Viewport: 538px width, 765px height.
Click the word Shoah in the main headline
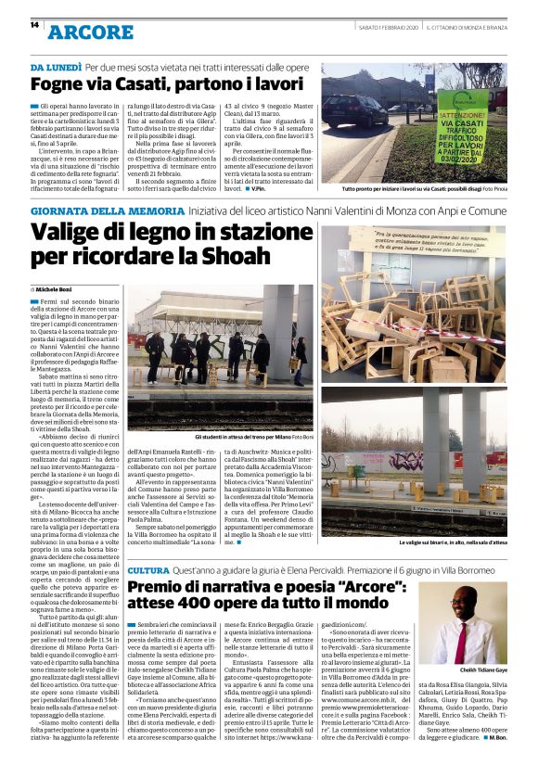point(248,255)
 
